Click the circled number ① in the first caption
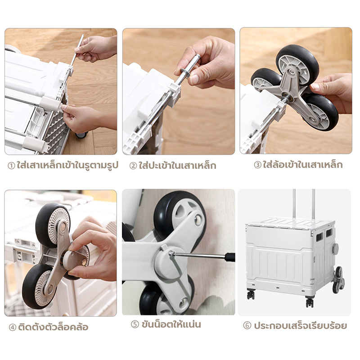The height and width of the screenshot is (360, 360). point(11,166)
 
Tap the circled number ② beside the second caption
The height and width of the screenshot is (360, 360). point(133,166)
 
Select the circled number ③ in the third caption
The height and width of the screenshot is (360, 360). point(257,165)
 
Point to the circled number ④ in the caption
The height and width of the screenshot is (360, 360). point(13,327)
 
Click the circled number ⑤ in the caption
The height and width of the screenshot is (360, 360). point(135,324)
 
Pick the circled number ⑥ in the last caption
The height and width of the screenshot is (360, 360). point(247,325)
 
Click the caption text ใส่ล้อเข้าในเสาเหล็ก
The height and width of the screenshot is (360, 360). point(303,165)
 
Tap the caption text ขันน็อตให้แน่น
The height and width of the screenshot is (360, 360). point(171,324)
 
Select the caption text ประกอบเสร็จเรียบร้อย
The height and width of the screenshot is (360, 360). point(300,325)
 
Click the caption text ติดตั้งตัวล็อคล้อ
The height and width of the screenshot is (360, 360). point(53,327)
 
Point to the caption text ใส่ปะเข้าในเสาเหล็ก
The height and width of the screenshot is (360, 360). point(177,165)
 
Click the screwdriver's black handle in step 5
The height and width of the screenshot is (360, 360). point(230,257)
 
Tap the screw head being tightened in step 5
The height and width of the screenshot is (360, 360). point(171,253)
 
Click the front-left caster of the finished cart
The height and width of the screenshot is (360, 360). point(251,294)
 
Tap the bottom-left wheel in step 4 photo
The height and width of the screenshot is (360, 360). point(38,286)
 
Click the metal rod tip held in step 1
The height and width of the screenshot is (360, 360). point(82,36)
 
